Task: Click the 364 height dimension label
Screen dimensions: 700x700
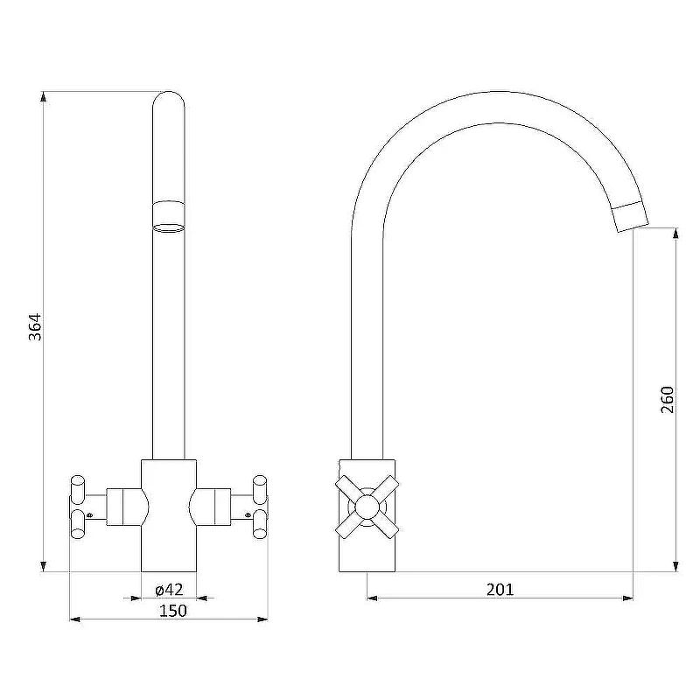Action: (35, 327)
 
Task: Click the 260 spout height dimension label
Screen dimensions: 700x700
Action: (667, 399)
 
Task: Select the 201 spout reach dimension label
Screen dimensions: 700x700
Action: (500, 590)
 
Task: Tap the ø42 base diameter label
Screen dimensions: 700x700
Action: (169, 590)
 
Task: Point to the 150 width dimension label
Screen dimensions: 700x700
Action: (172, 610)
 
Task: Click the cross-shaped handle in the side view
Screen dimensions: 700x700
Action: (367, 507)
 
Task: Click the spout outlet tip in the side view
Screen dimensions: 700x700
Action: (633, 225)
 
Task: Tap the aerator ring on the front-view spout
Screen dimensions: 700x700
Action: (168, 216)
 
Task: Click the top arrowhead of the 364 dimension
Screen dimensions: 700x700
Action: (43, 97)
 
